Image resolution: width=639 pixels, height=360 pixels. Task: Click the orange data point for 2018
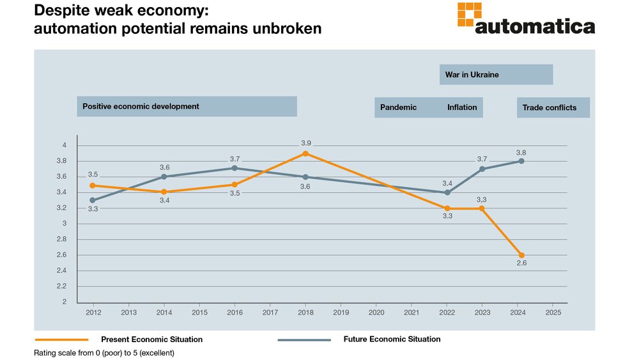click(x=305, y=153)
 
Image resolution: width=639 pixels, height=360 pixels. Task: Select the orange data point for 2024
click(x=521, y=255)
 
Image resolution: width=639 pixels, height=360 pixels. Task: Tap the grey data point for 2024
click(x=521, y=161)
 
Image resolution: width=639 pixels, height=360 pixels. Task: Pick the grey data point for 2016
click(x=235, y=168)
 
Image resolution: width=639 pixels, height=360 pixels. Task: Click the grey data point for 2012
click(x=93, y=200)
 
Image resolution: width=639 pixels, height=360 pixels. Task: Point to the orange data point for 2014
click(x=164, y=192)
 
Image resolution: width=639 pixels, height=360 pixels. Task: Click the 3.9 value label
click(x=305, y=143)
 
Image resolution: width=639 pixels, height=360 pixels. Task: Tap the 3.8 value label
click(x=521, y=152)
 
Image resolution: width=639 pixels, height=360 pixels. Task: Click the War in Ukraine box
click(x=496, y=75)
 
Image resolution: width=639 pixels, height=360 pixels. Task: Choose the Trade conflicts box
click(x=553, y=107)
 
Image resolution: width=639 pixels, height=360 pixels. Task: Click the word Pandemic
click(x=398, y=107)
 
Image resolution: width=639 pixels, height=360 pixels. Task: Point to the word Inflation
click(x=462, y=107)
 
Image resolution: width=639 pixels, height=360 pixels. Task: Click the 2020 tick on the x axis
click(x=376, y=313)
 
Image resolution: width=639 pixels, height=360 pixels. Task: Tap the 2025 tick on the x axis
click(x=553, y=313)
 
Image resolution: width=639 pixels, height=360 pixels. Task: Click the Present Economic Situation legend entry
click(x=151, y=340)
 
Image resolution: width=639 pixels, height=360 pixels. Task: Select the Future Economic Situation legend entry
click(x=392, y=340)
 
